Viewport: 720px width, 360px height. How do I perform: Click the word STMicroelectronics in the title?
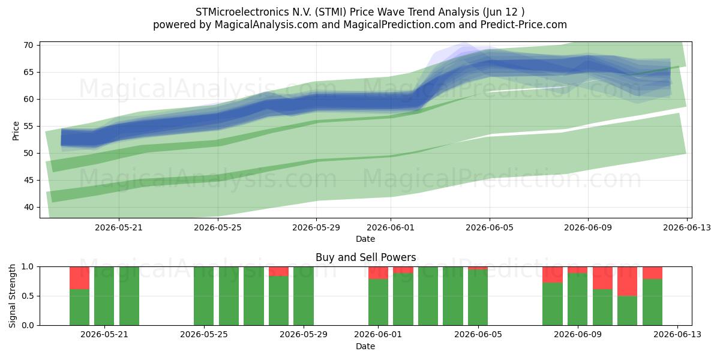[242, 12]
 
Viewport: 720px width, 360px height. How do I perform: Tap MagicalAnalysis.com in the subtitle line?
[266, 25]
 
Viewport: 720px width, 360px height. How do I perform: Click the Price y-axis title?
[16, 131]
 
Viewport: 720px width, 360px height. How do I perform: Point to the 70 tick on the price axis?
[28, 45]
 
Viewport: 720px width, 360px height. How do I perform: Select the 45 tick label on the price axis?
[28, 180]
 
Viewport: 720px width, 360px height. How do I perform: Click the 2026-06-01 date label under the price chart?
[391, 227]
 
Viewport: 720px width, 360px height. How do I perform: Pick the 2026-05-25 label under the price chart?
[218, 227]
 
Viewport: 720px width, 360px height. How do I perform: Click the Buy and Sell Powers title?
[366, 257]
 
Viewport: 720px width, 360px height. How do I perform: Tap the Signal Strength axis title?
[12, 296]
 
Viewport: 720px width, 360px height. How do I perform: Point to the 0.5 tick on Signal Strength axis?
[28, 296]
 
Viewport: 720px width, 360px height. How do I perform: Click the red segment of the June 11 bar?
[627, 281]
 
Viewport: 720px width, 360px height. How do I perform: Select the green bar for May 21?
[104, 296]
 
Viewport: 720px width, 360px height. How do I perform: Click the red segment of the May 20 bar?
[79, 278]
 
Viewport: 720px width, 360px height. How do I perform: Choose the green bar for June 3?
[428, 296]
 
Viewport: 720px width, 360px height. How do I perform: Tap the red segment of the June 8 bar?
[553, 275]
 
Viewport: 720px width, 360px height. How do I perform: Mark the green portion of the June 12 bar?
[652, 302]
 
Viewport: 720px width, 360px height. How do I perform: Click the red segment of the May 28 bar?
[278, 271]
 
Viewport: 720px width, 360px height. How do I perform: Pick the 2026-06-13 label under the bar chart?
[677, 335]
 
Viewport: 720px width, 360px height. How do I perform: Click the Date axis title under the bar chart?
[365, 346]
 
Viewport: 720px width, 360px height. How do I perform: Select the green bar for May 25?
[204, 296]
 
